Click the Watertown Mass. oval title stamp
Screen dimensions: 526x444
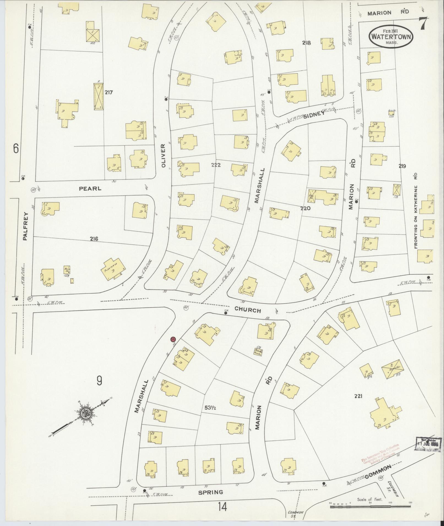coord(391,37)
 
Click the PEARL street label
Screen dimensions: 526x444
coord(90,189)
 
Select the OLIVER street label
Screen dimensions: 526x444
coord(164,156)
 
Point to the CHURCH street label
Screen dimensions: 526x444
coord(247,310)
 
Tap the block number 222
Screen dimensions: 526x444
coord(217,165)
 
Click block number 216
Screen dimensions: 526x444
coord(94,239)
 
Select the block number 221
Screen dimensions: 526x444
coord(358,396)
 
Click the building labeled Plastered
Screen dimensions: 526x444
coord(113,269)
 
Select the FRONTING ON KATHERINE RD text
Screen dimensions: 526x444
coord(416,210)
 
